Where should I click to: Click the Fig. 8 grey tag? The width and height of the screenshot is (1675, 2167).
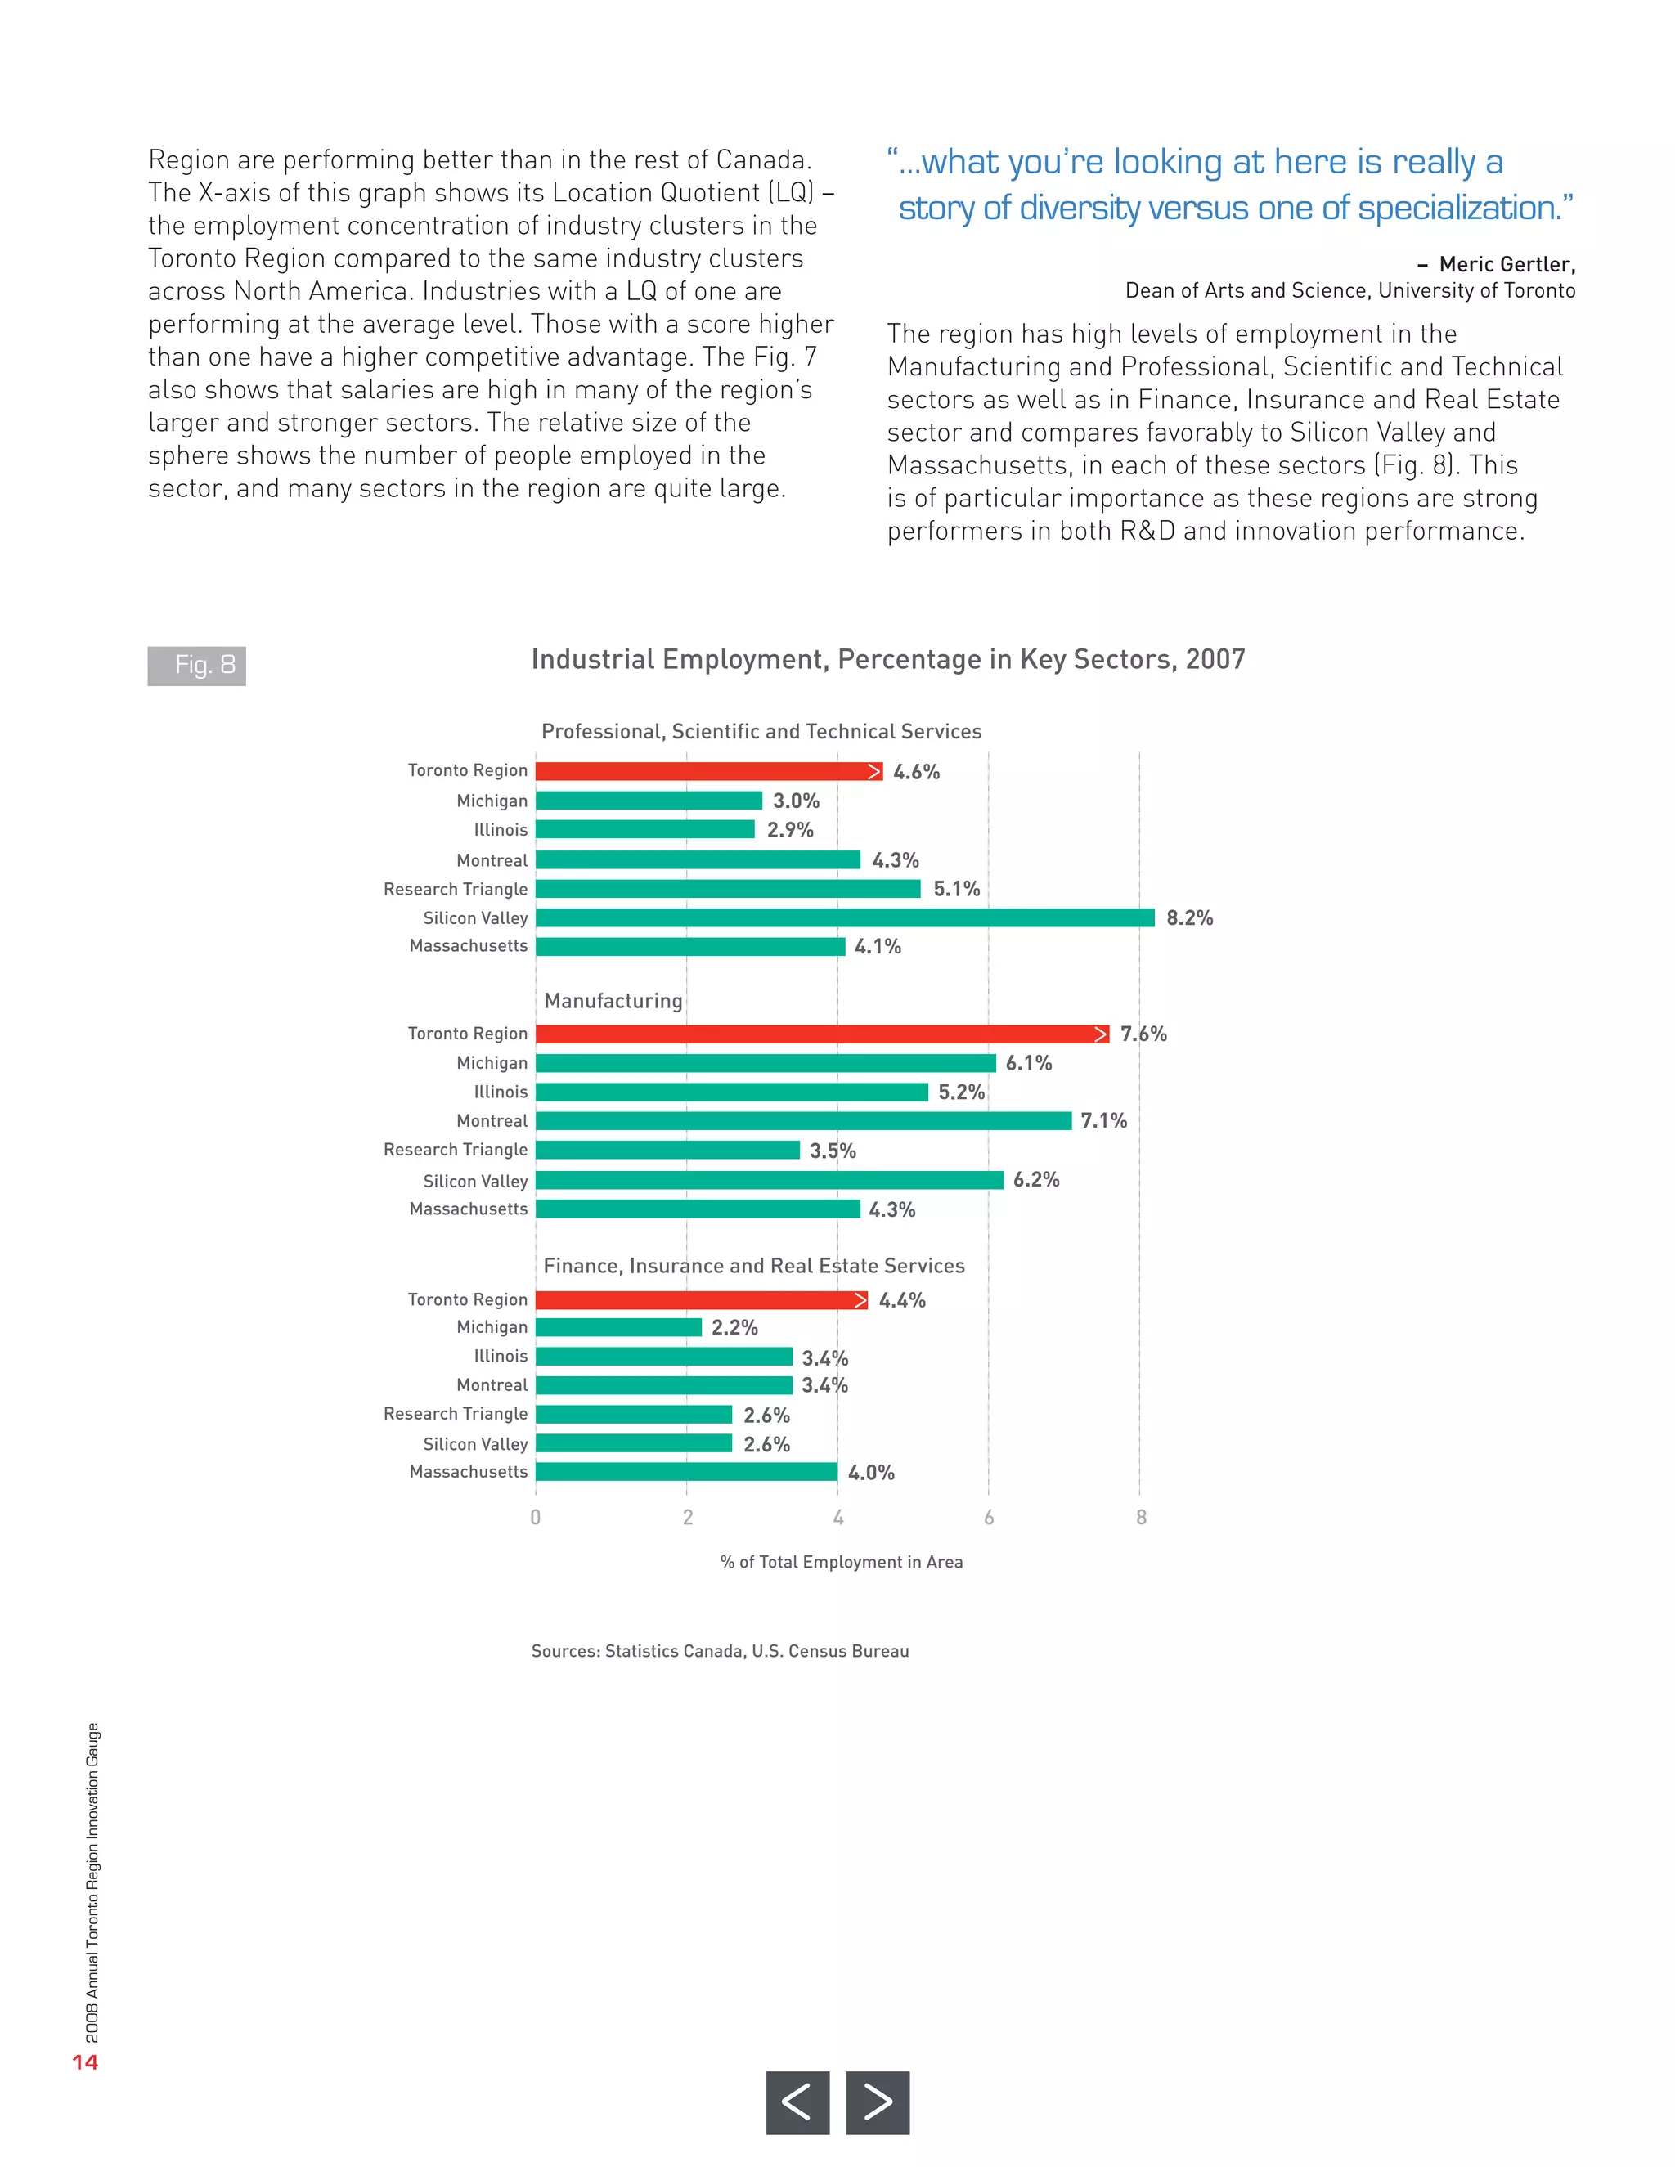(196, 665)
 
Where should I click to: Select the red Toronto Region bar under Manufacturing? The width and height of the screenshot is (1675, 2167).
(822, 1034)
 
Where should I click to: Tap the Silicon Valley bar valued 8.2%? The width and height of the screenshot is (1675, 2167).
(844, 917)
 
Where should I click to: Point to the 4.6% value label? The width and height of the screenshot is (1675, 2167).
(916, 772)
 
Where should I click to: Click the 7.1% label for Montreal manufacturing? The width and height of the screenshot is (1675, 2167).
(1103, 1121)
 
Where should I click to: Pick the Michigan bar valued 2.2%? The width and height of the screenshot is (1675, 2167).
(618, 1327)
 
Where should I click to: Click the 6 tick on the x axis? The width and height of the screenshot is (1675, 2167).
(988, 1517)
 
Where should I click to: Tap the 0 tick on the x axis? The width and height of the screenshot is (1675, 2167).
(536, 1517)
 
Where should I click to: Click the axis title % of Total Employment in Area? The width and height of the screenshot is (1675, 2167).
(842, 1562)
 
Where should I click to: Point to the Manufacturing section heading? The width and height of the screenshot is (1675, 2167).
(613, 1001)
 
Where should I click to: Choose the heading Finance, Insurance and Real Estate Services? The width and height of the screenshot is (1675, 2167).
(753, 1266)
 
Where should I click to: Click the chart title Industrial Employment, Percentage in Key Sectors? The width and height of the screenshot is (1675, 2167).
(887, 660)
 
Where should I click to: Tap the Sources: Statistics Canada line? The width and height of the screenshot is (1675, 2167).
(720, 1651)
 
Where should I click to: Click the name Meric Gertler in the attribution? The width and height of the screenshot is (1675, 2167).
(1507, 264)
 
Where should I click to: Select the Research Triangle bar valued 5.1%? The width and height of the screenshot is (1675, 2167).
(727, 889)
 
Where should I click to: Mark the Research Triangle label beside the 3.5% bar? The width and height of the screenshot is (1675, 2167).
(456, 1150)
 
